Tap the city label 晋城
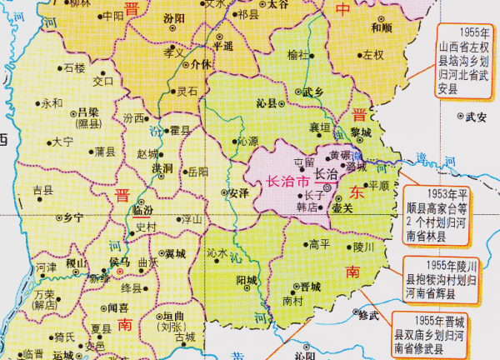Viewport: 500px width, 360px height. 311,285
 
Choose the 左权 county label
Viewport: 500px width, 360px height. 373,56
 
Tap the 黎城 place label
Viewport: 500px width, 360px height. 361,132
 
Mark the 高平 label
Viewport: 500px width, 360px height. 320,244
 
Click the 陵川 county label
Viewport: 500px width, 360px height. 366,247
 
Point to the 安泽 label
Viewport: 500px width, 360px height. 238,193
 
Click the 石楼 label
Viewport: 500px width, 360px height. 74,67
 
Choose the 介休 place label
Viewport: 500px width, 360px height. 201,63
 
